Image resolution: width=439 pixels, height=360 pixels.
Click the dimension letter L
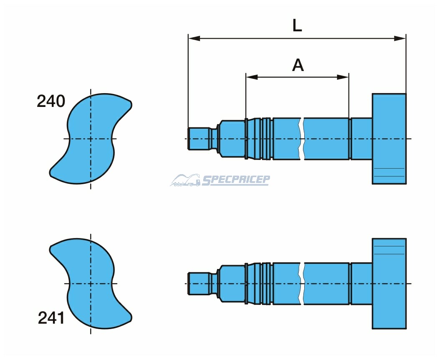click(297, 26)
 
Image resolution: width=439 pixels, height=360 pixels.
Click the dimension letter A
click(298, 65)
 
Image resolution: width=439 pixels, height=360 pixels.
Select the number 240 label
click(51, 101)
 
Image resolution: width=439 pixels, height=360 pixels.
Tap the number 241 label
click(51, 318)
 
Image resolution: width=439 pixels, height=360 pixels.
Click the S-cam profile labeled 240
click(91, 139)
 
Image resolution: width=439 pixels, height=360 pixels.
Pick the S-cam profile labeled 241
click(91, 283)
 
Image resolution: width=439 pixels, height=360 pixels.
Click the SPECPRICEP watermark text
click(235, 180)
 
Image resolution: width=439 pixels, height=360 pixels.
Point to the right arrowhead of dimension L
click(400, 38)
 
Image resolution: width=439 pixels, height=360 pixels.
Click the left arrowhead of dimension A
click(252, 77)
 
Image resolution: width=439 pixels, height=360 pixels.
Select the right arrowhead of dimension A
click(343, 77)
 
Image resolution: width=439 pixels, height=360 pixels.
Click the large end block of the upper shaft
click(389, 139)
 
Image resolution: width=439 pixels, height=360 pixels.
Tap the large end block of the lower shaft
click(389, 284)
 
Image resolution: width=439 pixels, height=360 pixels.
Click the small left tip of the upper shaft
click(199, 138)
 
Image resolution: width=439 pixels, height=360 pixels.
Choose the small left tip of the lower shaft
click(199, 283)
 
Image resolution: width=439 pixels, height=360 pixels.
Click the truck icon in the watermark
click(185, 180)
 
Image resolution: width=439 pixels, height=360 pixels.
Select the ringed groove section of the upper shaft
click(266, 139)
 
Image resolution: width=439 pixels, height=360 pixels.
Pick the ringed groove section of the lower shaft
click(266, 284)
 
